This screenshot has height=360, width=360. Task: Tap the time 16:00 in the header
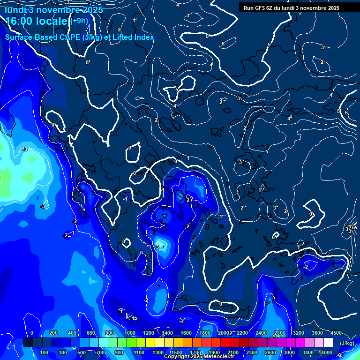pos(21,21)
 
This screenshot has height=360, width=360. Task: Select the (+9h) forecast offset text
pos(79,21)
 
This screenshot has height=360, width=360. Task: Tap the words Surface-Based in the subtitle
pos(29,37)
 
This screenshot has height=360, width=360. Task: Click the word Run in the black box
pos(248,8)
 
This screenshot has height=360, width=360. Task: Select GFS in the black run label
pos(260,8)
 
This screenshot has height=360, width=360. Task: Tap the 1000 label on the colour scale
pos(130,333)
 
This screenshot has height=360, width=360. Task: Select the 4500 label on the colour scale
pos(336,333)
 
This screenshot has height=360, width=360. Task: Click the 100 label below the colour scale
pos(45,352)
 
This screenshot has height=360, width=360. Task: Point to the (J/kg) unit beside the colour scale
pos(346,344)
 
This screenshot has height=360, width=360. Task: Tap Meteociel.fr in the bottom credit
pos(219,357)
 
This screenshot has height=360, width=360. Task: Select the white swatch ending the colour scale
pos(329,343)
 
